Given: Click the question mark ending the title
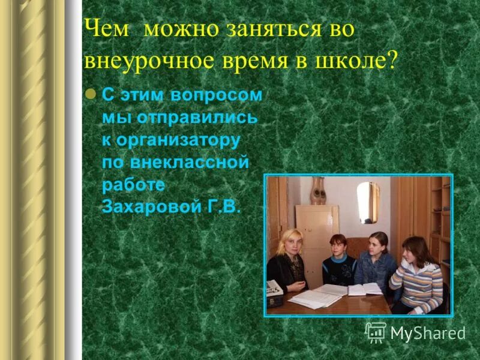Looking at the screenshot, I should pyautogui.click(x=392, y=62).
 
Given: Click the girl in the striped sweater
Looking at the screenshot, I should pyautogui.click(x=420, y=276).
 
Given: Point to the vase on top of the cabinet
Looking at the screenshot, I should pyautogui.click(x=318, y=192).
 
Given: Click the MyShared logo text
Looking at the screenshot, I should pyautogui.click(x=427, y=333).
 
